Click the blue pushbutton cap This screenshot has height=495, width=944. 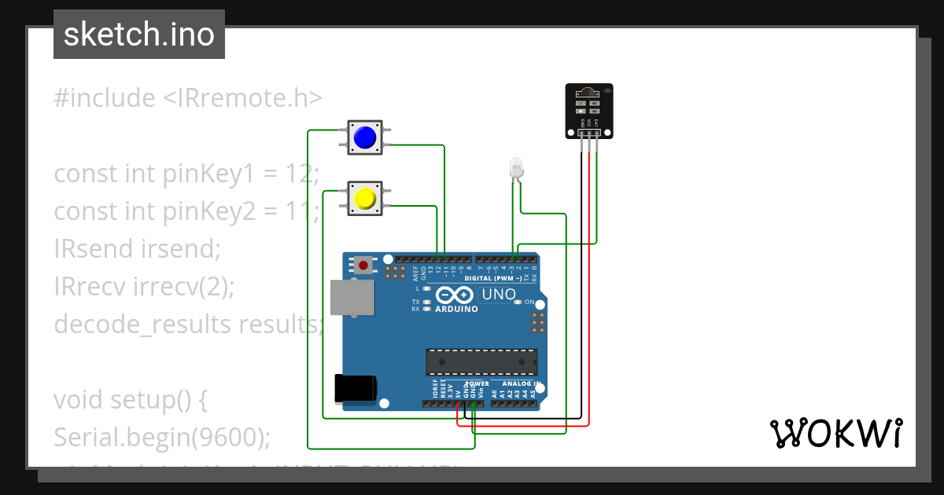click(x=364, y=138)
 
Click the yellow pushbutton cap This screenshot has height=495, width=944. click(x=364, y=198)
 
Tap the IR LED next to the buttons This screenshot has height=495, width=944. click(x=516, y=167)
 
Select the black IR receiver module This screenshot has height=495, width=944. click(x=588, y=111)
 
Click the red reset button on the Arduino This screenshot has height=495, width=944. click(x=363, y=266)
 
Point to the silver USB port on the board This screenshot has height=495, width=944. click(x=352, y=299)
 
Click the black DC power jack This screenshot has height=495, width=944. click(x=356, y=389)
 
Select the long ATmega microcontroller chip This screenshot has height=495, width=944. click(x=481, y=362)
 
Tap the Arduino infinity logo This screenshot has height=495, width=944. click(x=452, y=295)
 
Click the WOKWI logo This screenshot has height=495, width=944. click(x=835, y=433)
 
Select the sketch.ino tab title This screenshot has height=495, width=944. click(x=139, y=35)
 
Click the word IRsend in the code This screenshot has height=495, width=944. click(x=95, y=249)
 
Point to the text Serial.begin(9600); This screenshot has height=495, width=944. click(x=161, y=437)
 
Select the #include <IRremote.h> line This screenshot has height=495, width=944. click(x=188, y=98)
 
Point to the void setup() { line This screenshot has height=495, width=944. click(x=130, y=399)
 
